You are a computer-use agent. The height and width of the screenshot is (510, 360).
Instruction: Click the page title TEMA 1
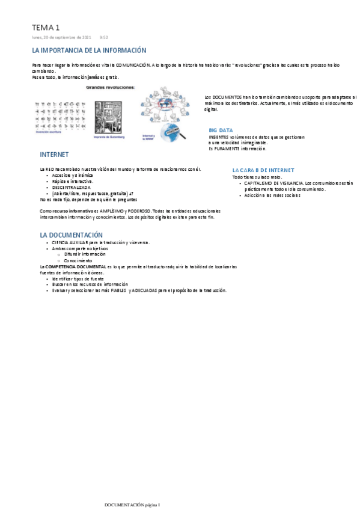(46, 28)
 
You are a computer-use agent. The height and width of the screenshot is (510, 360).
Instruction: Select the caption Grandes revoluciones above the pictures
(111, 87)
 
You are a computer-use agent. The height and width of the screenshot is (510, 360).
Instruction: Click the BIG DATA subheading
(221, 130)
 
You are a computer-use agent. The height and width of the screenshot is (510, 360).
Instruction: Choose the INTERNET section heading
(54, 155)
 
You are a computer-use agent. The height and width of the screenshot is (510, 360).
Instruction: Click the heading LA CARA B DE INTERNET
(263, 170)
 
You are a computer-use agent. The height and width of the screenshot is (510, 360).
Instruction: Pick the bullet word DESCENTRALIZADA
(72, 187)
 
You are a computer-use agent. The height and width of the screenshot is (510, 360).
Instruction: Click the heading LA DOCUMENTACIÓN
(72, 235)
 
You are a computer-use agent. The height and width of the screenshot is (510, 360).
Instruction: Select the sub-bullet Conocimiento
(78, 260)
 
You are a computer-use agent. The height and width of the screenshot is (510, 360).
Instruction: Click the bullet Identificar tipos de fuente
(78, 279)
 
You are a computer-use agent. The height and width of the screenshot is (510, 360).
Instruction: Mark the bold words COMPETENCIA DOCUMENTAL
(70, 266)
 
